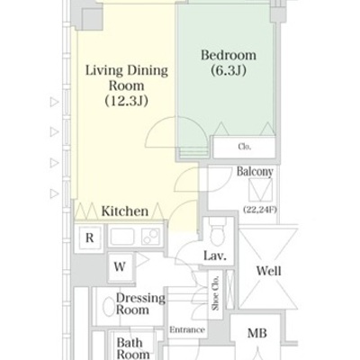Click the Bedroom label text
pos(229,55)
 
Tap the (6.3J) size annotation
pos(229,70)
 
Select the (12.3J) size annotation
pos(127,101)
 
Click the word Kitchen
pos(125,211)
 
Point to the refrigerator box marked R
pos(89,238)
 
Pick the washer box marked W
pos(120,266)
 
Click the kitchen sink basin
pos(122,236)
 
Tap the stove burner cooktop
pos(151,236)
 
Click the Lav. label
pos(215,256)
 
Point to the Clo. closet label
pos(245,147)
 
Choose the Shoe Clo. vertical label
pos(215,293)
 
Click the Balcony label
pos(255,172)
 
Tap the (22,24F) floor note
pos(260,210)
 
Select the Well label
pos(269,271)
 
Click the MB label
pos(257,333)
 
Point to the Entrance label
pos(187,330)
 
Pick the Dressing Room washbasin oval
pos(108,306)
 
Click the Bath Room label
pos(133,348)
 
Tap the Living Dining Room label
pos(127,78)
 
